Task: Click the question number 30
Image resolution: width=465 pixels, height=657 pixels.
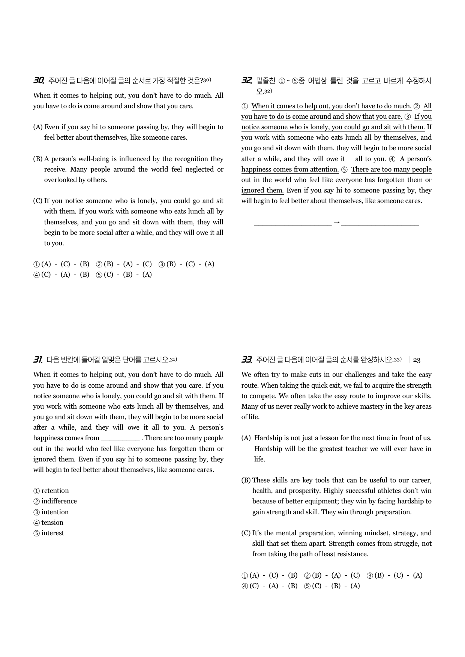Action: tap(39, 80)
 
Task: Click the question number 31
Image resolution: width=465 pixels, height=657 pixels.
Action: tap(38, 360)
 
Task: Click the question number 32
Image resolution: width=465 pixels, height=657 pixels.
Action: tap(246, 80)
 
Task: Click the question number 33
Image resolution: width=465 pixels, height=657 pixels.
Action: tap(246, 360)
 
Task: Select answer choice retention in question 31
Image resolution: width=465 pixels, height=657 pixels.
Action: tap(55, 491)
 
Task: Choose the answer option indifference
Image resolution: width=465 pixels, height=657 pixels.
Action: tap(59, 501)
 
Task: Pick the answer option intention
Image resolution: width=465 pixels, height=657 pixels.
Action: tap(55, 512)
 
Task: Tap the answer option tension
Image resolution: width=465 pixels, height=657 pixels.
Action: tap(52, 523)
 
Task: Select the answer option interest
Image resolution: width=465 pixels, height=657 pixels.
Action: tap(52, 533)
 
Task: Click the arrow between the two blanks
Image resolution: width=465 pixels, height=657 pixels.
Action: tap(336, 222)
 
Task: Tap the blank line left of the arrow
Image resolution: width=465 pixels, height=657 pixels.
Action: tap(292, 224)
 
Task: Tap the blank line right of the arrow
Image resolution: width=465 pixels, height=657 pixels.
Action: tap(380, 224)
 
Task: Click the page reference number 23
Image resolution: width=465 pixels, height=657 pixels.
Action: tap(417, 360)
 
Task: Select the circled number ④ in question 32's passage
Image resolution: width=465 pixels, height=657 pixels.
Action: tap(392, 159)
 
